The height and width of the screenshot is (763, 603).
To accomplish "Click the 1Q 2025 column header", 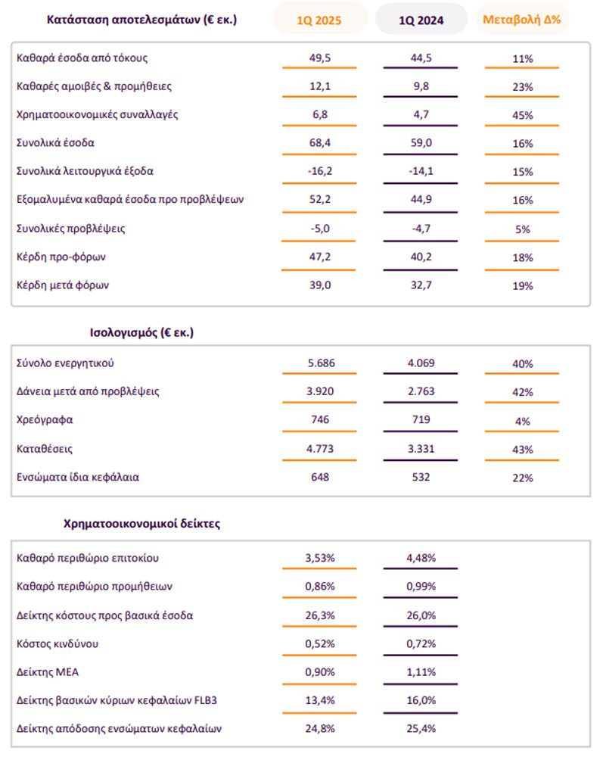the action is coord(319,20).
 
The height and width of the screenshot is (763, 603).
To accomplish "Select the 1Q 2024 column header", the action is coord(421,20).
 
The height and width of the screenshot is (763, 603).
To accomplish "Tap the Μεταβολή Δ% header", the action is coord(522,20).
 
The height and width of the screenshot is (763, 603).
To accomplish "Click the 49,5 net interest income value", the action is coord(320,58).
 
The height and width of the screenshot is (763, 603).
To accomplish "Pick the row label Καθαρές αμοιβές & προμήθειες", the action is coord(94,86).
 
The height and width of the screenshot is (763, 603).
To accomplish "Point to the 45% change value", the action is coord(523,115).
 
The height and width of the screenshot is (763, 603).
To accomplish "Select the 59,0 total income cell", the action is coord(421,142).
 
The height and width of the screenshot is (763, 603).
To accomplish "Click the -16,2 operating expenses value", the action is coord(320,171).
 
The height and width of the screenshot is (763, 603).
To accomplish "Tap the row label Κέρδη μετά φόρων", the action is coord(63,285).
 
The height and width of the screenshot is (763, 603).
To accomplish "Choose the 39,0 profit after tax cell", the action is coord(320,285).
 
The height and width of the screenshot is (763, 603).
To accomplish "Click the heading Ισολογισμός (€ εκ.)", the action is coord(141,333).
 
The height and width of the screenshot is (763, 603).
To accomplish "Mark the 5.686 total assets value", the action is coord(321,363).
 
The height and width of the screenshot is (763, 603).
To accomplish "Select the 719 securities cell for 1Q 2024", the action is coord(421,419).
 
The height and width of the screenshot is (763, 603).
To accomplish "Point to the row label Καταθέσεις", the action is coord(44,449).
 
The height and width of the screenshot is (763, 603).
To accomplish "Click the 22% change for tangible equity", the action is coord(523,478).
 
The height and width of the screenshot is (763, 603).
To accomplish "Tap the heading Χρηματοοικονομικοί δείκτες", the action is coord(141,524).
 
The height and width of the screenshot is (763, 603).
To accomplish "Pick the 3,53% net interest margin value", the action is coord(320,558).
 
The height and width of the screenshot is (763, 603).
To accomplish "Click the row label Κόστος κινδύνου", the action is coord(58,643).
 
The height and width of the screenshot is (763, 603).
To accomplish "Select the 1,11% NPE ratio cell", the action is coord(421,672).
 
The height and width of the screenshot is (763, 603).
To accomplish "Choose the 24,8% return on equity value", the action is coord(320,728).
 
